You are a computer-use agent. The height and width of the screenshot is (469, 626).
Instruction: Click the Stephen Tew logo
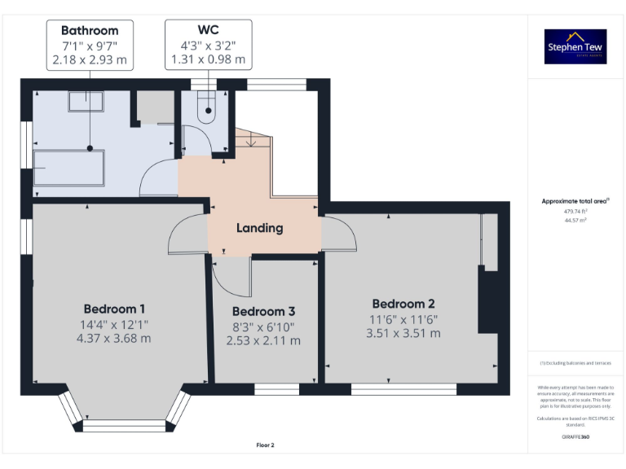tap(575, 46)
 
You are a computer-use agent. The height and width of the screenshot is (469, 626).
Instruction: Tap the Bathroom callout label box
tap(90, 46)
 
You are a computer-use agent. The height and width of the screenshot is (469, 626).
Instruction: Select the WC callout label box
tap(208, 46)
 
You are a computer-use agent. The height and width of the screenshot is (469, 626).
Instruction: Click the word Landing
tap(259, 228)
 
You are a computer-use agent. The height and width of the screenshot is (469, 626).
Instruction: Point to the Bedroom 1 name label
tap(114, 309)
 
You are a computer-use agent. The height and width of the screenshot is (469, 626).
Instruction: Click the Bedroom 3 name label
tap(263, 312)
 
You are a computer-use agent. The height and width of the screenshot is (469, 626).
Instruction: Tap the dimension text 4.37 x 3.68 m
tap(114, 338)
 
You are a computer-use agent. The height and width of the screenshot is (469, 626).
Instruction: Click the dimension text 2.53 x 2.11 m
tap(263, 340)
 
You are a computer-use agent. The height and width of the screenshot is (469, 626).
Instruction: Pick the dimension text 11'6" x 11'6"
tap(403, 319)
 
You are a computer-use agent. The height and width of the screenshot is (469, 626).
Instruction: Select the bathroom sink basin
tap(85, 101)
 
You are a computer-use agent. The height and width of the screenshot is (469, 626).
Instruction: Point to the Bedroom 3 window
tap(276, 388)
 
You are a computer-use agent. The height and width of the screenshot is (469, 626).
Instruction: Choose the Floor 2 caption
tap(266, 445)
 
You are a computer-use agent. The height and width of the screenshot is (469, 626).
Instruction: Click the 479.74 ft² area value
tap(575, 211)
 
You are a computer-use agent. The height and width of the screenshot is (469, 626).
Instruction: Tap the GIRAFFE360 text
tap(575, 438)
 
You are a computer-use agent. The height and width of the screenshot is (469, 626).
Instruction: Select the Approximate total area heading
tap(575, 200)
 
